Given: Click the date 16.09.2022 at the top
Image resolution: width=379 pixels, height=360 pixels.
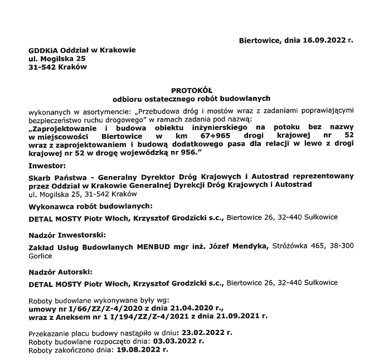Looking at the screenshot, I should pyautogui.click(x=324, y=41).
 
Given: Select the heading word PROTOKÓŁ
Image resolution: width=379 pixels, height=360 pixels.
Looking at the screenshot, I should pyautogui.click(x=190, y=90).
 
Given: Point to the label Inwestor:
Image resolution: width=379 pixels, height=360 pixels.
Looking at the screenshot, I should pyautogui.click(x=46, y=166).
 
